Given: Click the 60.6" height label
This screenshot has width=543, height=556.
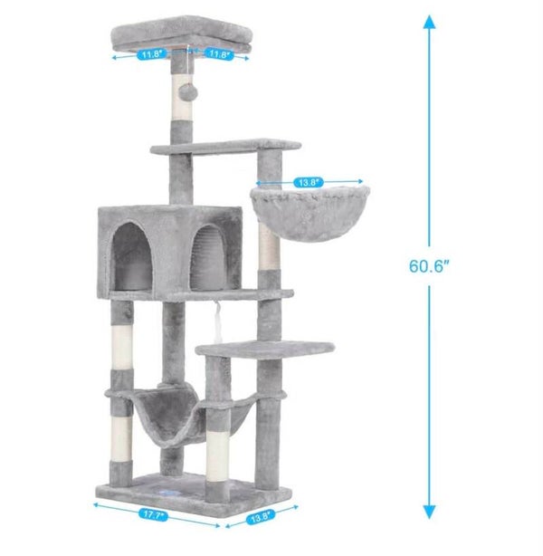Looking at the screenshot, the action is click(x=428, y=266).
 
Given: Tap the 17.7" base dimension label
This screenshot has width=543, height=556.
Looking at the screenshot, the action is click(x=153, y=515).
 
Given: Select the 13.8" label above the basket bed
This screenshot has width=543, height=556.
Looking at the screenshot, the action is click(x=309, y=183).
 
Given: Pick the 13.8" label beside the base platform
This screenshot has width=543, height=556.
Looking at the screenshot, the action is click(x=261, y=517).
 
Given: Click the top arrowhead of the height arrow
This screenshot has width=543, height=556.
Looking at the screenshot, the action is click(x=429, y=21).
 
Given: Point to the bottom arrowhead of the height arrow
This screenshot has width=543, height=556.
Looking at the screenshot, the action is click(x=429, y=513).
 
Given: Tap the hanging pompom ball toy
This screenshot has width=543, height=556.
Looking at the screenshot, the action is click(x=187, y=91).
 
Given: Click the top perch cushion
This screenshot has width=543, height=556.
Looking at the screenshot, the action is click(x=182, y=34).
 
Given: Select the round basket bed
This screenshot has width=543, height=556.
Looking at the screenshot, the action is click(x=310, y=213).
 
